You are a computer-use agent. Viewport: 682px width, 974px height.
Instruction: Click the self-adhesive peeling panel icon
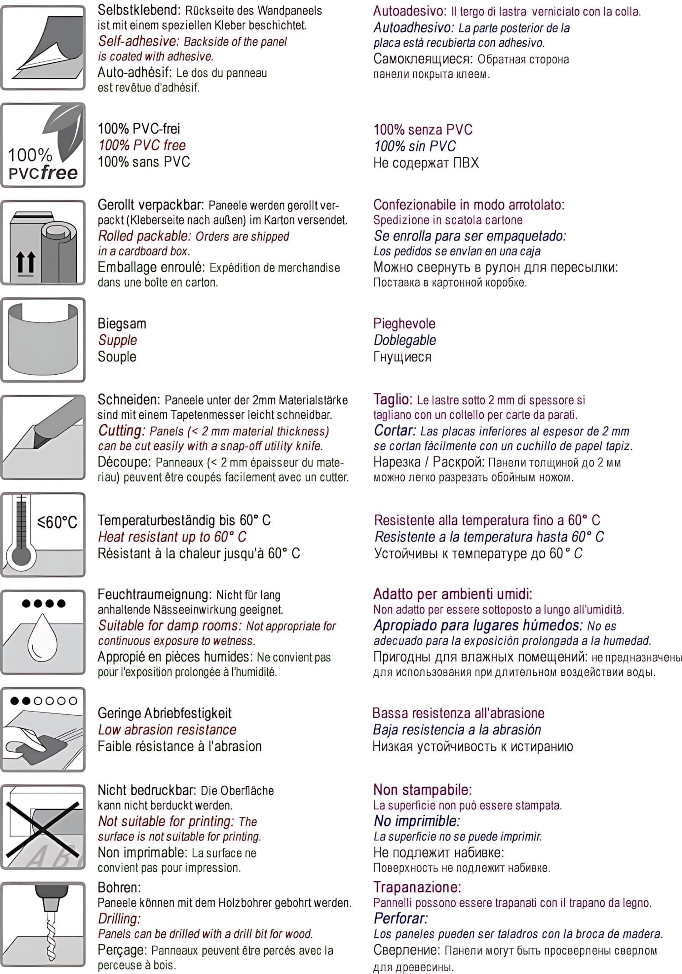43,48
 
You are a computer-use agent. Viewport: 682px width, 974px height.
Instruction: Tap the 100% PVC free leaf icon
43,145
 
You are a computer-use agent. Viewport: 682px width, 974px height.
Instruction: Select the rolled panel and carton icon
43,243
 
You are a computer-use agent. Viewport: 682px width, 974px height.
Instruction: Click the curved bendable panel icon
43,340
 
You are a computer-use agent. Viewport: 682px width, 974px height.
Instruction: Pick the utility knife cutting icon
43,437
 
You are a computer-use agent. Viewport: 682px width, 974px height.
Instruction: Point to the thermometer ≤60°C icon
43,534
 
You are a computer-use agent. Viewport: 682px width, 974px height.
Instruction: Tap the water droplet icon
43,632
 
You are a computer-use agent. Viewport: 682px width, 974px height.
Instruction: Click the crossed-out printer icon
43,827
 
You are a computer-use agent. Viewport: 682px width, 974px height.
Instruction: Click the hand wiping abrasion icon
43,729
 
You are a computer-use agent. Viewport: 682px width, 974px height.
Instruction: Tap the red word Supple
117,340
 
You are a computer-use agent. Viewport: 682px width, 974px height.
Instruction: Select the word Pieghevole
404,323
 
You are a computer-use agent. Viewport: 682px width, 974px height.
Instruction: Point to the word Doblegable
404,340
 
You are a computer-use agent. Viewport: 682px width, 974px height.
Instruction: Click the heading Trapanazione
417,887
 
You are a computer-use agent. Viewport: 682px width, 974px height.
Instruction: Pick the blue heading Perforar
401,919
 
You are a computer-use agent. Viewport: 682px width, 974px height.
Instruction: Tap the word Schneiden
129,400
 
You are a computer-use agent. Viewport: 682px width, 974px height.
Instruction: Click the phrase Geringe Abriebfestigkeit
165,713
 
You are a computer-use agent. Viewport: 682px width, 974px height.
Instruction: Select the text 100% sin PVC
415,146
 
